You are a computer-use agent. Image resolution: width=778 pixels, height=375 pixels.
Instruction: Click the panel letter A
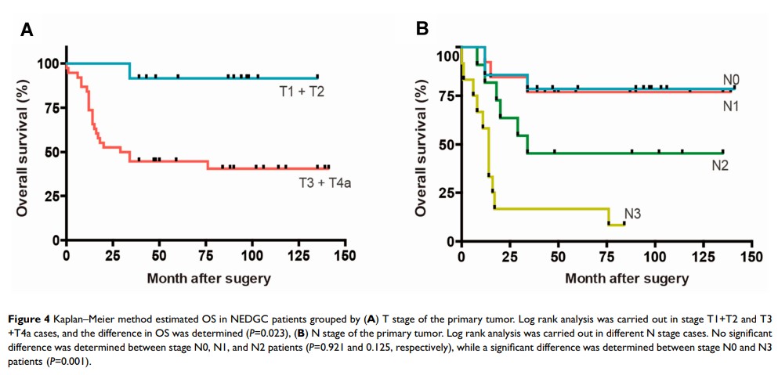[x=27, y=31]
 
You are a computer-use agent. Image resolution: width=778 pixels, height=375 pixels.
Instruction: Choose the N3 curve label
[x=633, y=213]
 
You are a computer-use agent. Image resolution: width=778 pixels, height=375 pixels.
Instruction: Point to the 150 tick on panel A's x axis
[x=345, y=256]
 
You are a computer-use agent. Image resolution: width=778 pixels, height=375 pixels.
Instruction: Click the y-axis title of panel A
[x=23, y=150]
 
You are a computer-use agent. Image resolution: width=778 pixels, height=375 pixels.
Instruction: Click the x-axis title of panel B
[x=627, y=278]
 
